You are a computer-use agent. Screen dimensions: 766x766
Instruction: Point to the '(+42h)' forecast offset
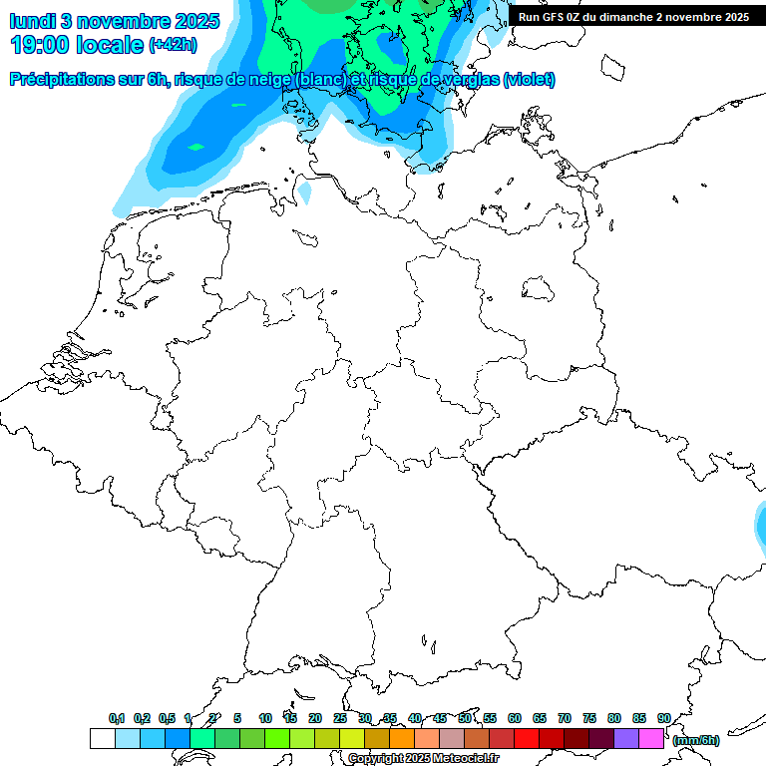[173, 45]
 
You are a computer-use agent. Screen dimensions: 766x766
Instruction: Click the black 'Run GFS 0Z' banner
[633, 16]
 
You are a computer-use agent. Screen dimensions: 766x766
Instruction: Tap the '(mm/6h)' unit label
[696, 740]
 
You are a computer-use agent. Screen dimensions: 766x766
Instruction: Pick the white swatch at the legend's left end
[102, 739]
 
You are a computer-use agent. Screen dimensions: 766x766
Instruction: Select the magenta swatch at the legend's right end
[651, 739]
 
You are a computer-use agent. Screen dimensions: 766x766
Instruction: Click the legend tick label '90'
[663, 718]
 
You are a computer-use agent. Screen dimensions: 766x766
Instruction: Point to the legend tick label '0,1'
[117, 718]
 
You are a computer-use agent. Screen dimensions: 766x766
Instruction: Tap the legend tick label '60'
[514, 718]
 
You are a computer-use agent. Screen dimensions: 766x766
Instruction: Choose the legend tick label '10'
[264, 718]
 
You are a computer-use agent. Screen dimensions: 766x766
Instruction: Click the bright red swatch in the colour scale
[527, 739]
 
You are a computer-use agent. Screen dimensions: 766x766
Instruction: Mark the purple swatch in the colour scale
[626, 739]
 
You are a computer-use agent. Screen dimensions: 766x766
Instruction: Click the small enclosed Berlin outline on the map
[538, 289]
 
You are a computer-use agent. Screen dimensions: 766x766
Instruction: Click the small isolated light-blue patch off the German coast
[305, 190]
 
